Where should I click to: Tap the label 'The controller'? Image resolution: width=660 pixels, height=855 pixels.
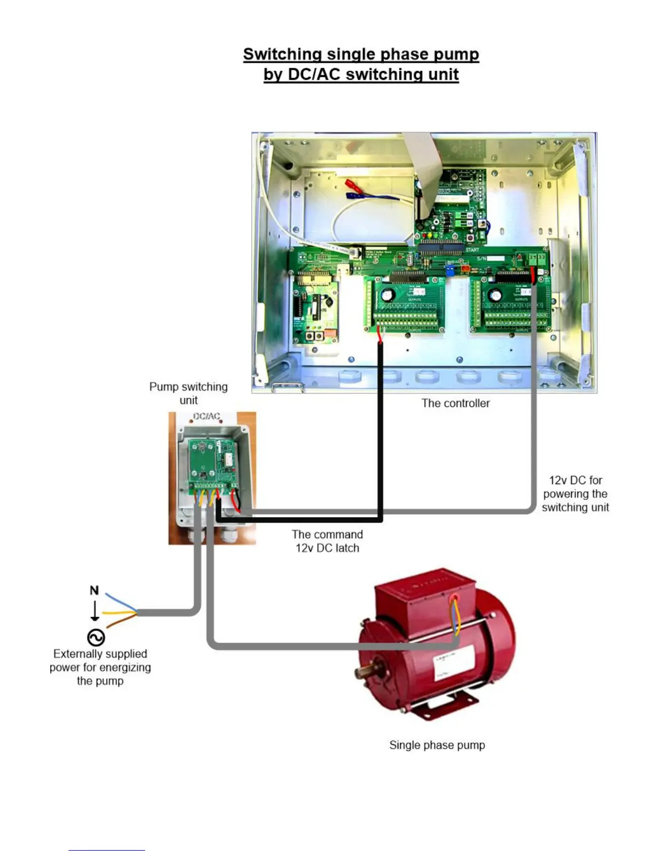(x=456, y=403)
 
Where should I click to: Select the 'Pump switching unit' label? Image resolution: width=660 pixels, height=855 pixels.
(x=188, y=393)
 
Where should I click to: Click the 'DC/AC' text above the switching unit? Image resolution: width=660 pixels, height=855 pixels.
(x=207, y=417)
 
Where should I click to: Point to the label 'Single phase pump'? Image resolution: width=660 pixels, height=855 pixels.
(x=437, y=745)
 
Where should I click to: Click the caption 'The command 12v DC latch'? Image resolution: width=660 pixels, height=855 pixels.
(x=327, y=541)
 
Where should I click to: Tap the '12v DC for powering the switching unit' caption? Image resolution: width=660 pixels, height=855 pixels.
(x=575, y=494)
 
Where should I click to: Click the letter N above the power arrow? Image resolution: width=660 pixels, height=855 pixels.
(x=94, y=591)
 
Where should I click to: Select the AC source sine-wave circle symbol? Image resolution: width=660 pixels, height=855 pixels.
(x=95, y=637)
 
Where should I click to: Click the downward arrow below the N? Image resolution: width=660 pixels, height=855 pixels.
(x=94, y=610)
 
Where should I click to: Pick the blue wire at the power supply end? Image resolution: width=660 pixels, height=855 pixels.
(x=116, y=600)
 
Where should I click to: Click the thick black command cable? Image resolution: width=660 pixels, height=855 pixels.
(x=380, y=432)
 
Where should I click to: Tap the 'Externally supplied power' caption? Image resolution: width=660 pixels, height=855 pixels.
(x=100, y=667)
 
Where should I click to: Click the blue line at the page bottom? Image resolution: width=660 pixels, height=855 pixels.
(x=106, y=850)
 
